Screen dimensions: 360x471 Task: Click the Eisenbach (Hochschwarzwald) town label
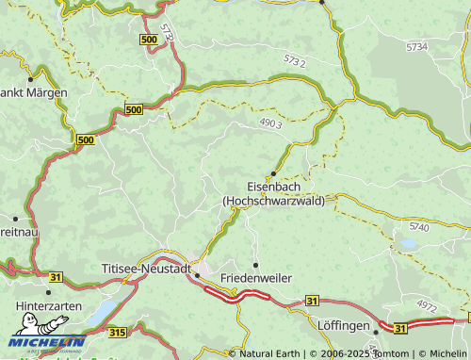(273, 193)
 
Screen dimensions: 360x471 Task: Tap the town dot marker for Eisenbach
(273, 173)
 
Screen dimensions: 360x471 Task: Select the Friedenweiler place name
(255, 279)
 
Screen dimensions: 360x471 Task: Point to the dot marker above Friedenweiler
(255, 265)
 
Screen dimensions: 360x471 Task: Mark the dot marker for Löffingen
(377, 332)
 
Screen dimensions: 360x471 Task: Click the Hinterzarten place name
(49, 306)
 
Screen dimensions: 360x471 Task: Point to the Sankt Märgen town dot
(31, 78)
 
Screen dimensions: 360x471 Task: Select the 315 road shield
(117, 332)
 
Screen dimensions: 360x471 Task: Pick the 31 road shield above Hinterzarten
(56, 276)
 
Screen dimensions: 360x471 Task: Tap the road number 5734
(416, 46)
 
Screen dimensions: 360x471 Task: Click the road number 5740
(420, 227)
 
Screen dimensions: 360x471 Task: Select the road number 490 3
(270, 123)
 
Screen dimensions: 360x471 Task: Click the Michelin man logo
(30, 328)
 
